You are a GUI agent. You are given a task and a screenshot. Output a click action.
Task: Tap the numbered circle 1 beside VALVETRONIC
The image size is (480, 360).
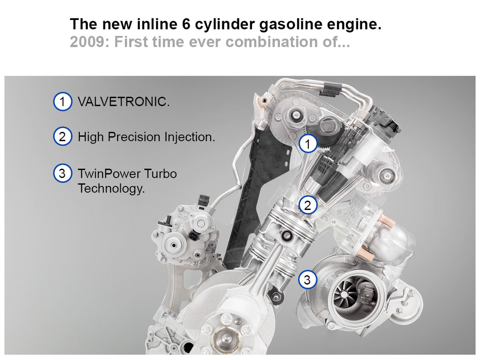62,102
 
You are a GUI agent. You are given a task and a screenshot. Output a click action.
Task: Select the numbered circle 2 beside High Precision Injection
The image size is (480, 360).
62,136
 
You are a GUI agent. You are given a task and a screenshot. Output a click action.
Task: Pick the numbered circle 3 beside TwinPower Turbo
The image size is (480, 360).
62,173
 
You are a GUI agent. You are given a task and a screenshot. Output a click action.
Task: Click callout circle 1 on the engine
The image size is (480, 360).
308,144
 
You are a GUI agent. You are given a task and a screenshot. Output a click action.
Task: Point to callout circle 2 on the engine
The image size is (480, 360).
308,205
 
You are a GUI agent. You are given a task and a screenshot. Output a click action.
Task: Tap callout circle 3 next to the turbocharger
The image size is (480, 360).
307,280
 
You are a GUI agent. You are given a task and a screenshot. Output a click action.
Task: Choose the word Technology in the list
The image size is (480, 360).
111,188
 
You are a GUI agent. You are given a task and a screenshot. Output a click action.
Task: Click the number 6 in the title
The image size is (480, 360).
186,24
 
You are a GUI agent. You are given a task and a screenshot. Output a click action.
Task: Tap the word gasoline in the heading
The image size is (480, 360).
291,24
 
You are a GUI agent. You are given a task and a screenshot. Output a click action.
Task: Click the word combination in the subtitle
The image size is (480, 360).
271,42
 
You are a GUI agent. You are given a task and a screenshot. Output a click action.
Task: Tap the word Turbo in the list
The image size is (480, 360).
158,174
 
